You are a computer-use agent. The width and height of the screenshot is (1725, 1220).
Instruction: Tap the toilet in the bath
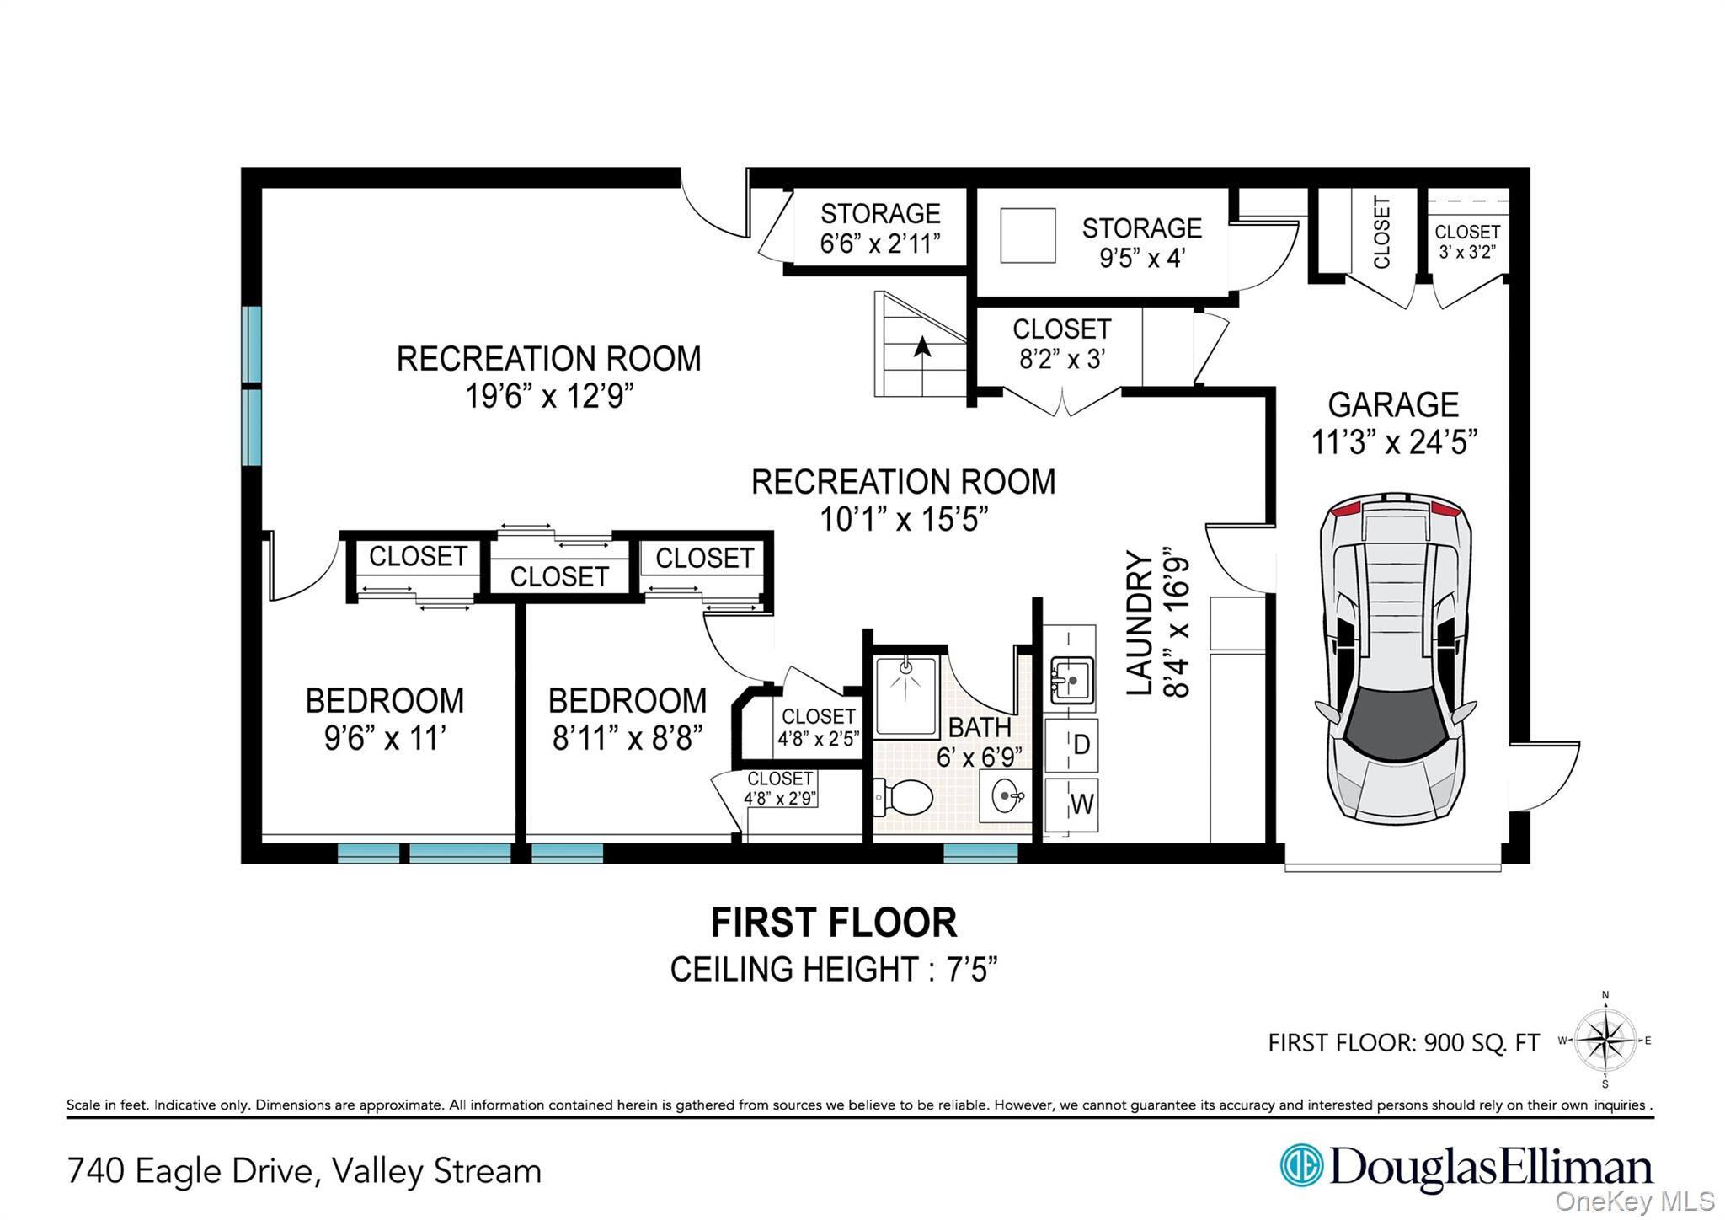coord(904,796)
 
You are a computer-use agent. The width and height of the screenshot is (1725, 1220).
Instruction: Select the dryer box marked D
coord(1071,745)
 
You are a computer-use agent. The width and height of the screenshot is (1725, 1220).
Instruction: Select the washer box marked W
coord(1071,804)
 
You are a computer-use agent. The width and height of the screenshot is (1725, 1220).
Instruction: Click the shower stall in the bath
coord(905,697)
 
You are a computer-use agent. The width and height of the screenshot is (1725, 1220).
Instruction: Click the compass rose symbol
coord(1605,1041)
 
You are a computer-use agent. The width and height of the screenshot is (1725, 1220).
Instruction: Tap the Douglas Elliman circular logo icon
coord(1301,1165)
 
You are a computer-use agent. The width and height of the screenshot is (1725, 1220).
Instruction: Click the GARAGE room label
coord(1393,405)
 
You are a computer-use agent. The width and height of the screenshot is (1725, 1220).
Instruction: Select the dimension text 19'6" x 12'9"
coord(549,395)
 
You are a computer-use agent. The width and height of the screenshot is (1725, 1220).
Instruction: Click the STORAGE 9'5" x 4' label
coord(1141,243)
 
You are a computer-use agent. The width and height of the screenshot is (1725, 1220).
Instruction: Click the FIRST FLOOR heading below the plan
coord(834,923)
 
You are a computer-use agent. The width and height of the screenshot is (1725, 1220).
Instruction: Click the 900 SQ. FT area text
coord(1481,1043)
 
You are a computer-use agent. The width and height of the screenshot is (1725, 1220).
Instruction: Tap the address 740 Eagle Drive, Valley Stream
coord(304,1171)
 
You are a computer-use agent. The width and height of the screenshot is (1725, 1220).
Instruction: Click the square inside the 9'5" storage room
coord(1028,236)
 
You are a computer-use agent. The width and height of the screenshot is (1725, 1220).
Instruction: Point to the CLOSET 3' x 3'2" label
coord(1467,241)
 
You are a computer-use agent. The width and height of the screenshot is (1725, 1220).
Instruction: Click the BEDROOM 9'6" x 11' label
coord(385,719)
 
